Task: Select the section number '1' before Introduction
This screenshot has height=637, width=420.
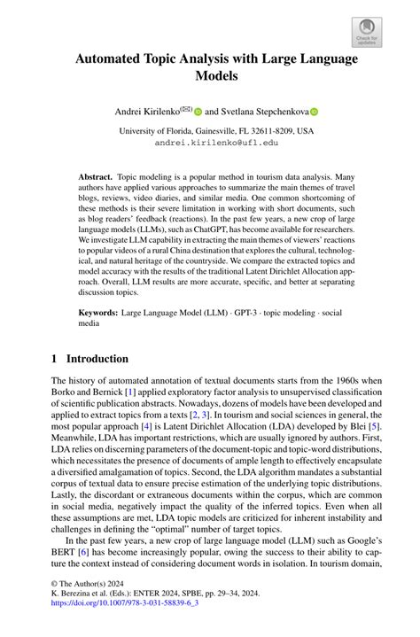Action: coord(55,359)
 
